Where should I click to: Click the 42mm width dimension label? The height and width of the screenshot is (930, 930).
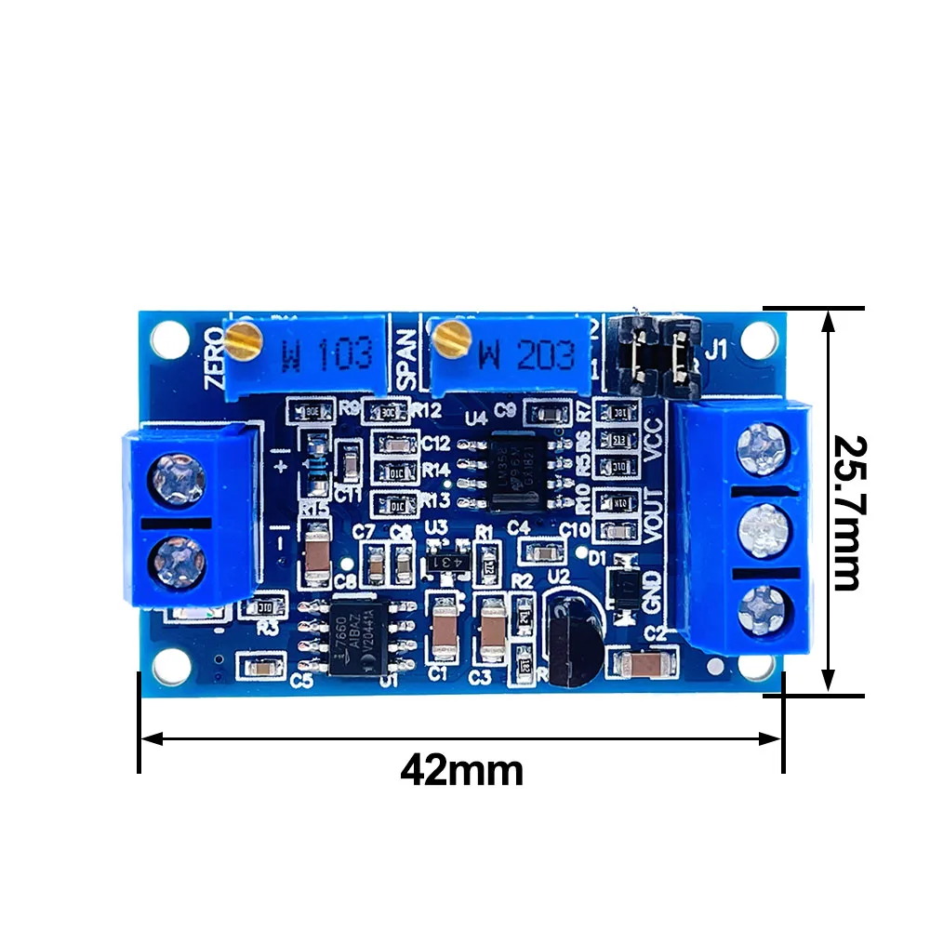coord(461,771)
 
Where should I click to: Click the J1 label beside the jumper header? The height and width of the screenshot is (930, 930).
coord(717,351)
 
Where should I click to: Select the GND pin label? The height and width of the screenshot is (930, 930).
coord(652,590)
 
